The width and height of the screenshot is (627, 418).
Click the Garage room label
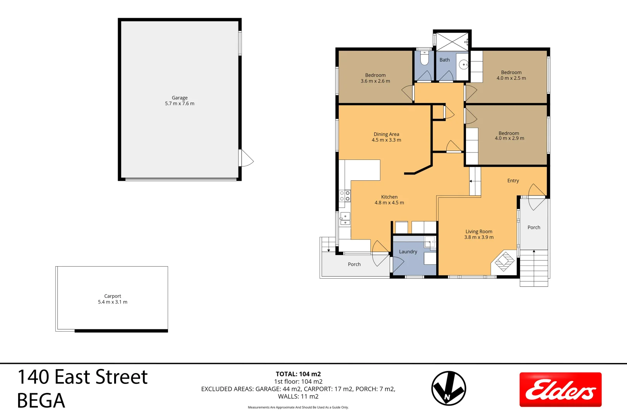tap(180, 98)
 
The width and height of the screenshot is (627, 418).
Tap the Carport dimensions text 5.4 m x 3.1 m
tap(113, 302)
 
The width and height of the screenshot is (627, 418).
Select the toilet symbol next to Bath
tap(424, 59)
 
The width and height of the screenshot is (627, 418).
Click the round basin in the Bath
tap(463, 65)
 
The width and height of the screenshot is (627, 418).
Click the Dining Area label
tap(386, 134)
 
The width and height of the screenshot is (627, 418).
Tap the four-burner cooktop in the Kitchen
tap(345, 196)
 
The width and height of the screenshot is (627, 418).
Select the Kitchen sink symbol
tap(345, 219)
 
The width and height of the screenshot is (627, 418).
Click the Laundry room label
tap(408, 252)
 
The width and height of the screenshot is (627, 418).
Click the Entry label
tap(513, 181)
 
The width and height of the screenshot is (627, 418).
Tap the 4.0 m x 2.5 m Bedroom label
tap(511, 75)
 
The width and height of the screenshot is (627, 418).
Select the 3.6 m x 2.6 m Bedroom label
tap(375, 78)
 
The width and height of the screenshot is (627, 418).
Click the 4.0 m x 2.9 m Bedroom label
tap(509, 135)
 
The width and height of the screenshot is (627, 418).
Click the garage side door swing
tap(246, 158)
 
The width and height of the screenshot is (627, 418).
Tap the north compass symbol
tap(449, 388)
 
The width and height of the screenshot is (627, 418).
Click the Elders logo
tap(560, 389)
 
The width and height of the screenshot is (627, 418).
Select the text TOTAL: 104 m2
tap(298, 374)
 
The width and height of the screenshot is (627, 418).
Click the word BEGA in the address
tap(41, 401)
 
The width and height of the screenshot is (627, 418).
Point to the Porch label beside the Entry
tap(534, 228)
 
